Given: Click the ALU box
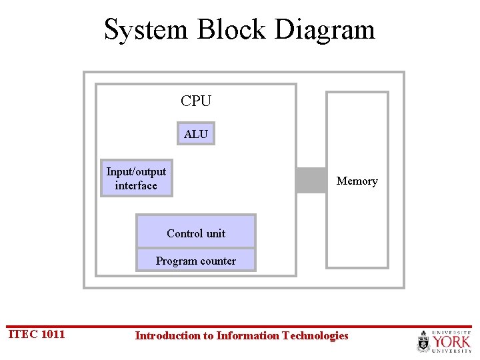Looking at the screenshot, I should point(195,134).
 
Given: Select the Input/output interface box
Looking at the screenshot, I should point(136,179).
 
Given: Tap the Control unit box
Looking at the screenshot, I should point(196,232).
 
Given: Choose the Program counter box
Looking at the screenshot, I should point(196,260).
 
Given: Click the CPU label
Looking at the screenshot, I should point(196,101).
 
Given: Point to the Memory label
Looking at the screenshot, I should point(357,181).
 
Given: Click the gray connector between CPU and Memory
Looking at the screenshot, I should point(311,180).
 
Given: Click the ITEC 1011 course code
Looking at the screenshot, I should point(36,334).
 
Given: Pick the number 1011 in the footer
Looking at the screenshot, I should point(53,334).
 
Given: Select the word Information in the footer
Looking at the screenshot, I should point(247,335).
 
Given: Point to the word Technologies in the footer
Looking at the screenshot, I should point(315,335).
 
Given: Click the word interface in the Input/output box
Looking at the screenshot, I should point(136,185).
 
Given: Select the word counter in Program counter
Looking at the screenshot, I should point(215,261).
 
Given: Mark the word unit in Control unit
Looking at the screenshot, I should point(215,233).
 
